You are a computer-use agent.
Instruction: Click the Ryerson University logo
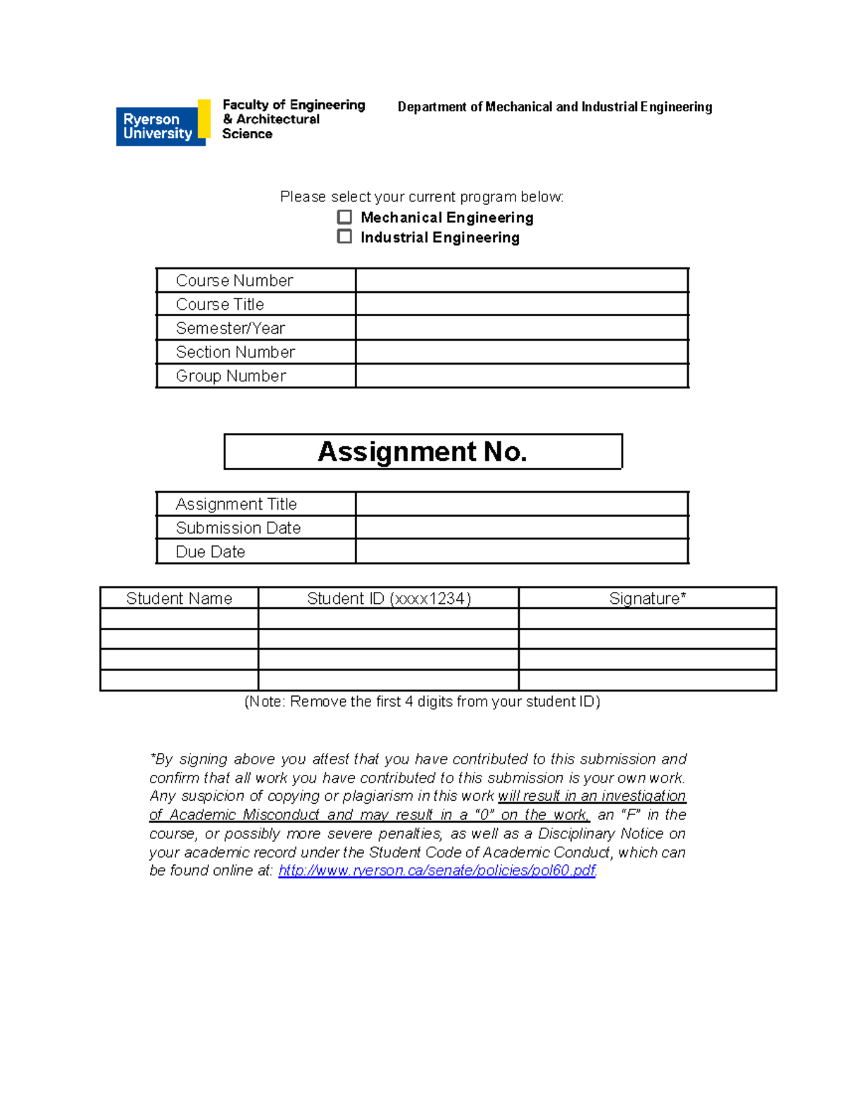tap(163, 124)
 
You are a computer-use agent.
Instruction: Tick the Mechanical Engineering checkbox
tap(344, 217)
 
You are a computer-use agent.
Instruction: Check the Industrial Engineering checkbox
tap(344, 236)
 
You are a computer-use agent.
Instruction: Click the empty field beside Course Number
tap(521, 280)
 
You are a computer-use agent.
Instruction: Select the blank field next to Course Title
tap(521, 304)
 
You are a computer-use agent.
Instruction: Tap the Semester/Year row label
tap(230, 328)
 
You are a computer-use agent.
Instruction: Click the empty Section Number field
tap(521, 352)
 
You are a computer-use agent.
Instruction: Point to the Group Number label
tap(231, 376)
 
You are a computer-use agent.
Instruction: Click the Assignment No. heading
tap(423, 451)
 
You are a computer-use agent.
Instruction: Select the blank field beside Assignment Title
tap(521, 504)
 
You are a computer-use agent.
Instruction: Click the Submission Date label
tap(238, 528)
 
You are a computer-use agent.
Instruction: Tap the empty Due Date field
tap(521, 552)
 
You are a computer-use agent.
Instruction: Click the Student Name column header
tap(179, 598)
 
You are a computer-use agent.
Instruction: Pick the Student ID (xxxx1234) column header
tap(389, 598)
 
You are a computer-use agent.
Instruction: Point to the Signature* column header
tap(647, 598)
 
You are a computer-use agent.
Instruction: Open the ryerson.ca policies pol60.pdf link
tap(437, 871)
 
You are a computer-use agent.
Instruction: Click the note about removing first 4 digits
tap(422, 702)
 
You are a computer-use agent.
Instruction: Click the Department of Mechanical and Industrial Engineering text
tap(555, 107)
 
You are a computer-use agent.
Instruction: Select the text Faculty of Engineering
tap(294, 105)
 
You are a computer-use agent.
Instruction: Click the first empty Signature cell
tap(647, 619)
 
